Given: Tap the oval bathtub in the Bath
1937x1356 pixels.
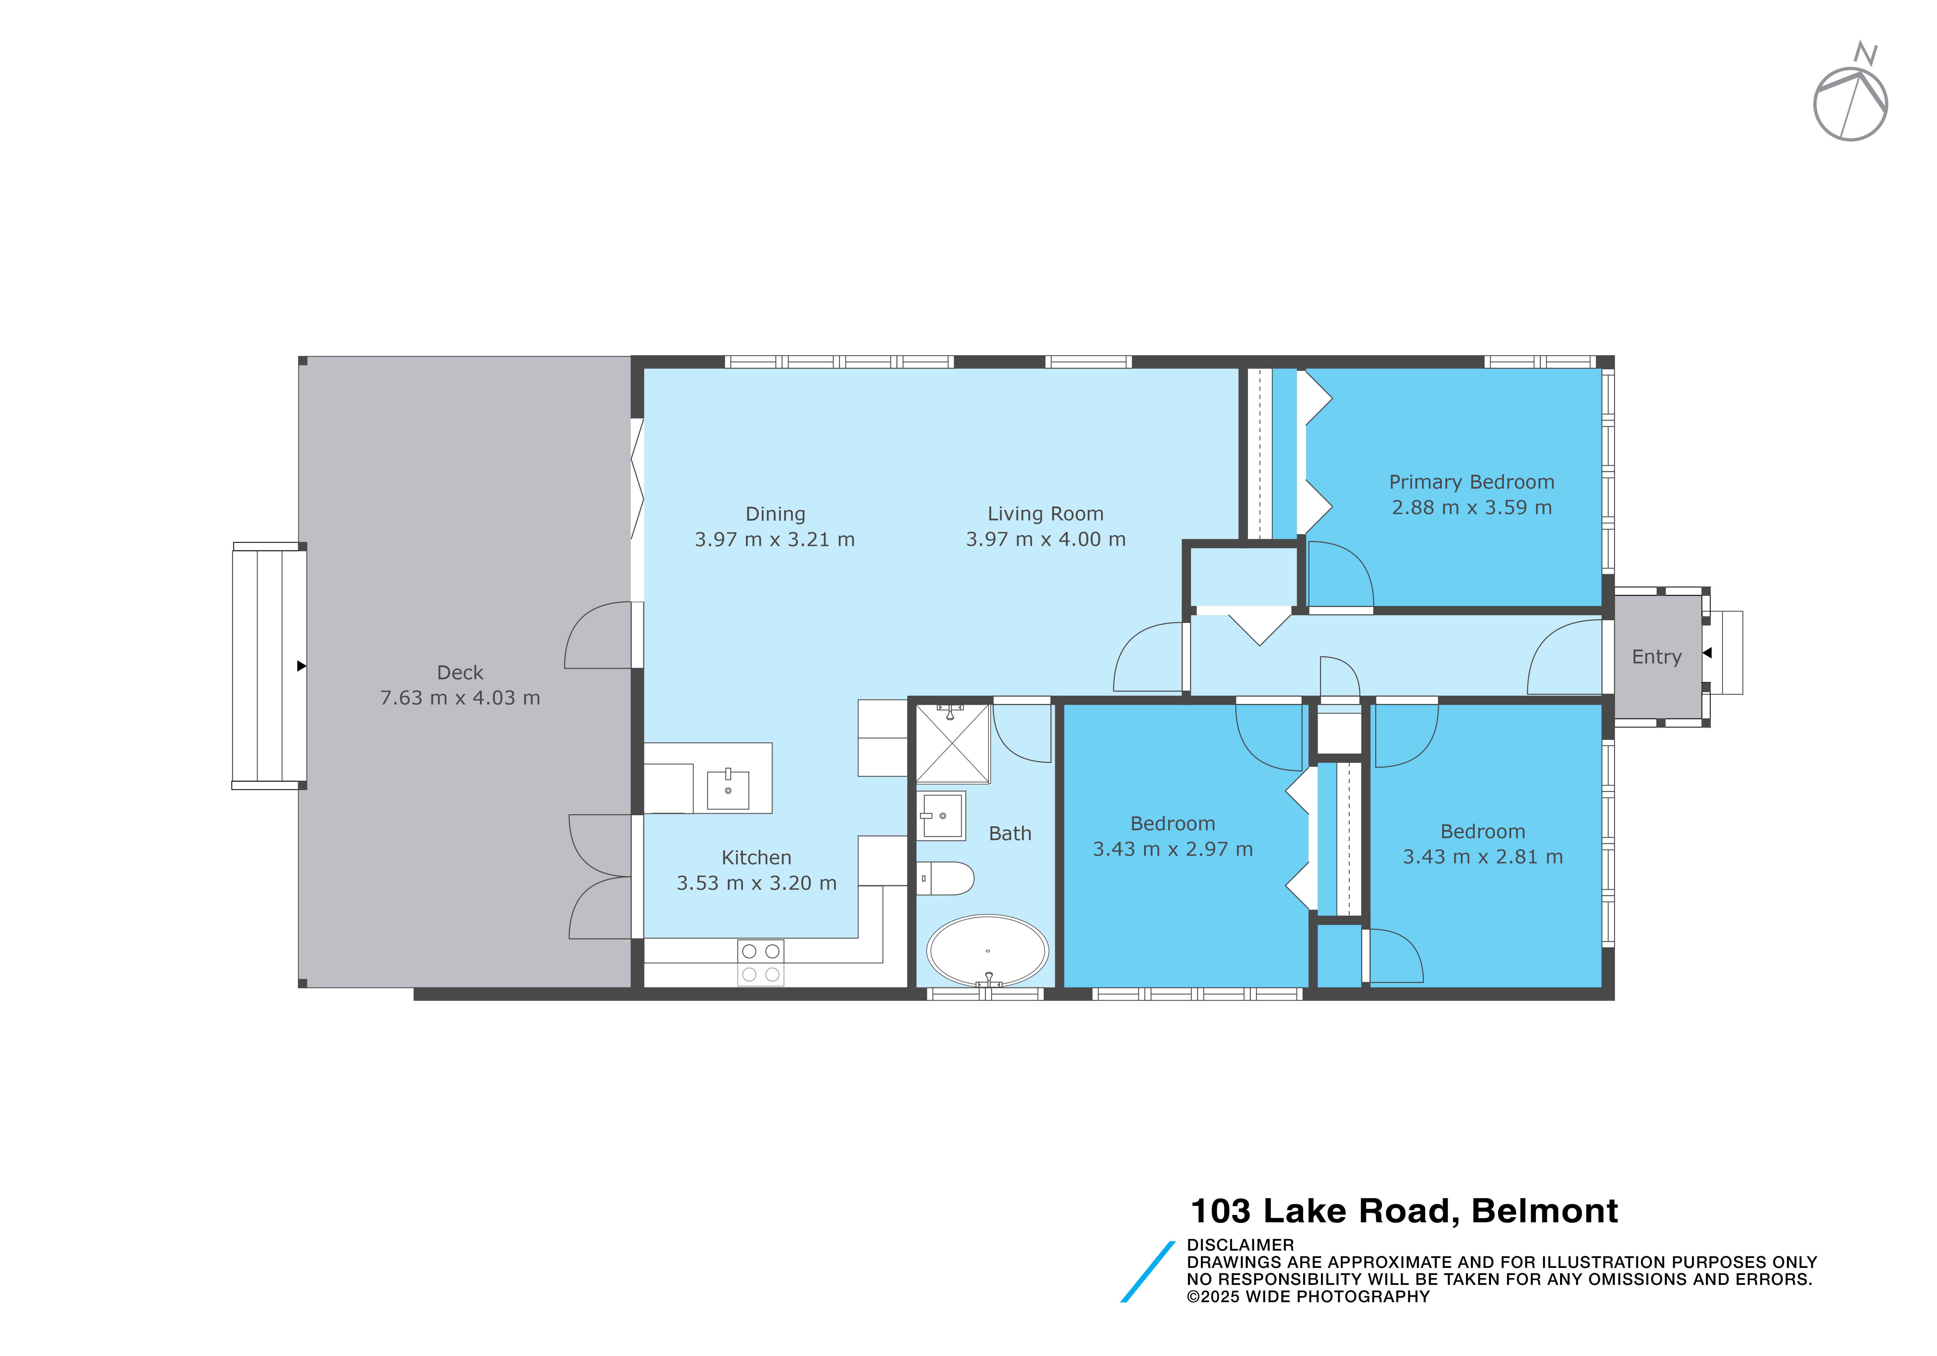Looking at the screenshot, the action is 987,951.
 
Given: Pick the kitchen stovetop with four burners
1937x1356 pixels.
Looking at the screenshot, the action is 760,963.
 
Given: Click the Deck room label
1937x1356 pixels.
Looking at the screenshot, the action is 460,672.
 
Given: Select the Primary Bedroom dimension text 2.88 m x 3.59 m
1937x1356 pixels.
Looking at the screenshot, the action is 1471,507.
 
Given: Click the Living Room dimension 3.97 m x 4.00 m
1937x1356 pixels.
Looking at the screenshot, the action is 1045,539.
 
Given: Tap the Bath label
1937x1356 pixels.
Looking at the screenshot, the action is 1010,834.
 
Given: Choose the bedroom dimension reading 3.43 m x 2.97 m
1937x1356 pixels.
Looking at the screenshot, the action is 1173,849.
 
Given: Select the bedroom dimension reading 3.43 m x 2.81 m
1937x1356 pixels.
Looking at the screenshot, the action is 1482,857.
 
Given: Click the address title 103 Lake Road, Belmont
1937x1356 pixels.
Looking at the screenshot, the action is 1404,1211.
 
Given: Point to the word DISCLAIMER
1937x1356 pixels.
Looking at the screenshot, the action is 1240,1245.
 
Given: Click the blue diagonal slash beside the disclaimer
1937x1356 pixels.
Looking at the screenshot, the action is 1147,1272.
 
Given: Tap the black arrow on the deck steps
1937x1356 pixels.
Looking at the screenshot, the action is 301,666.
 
